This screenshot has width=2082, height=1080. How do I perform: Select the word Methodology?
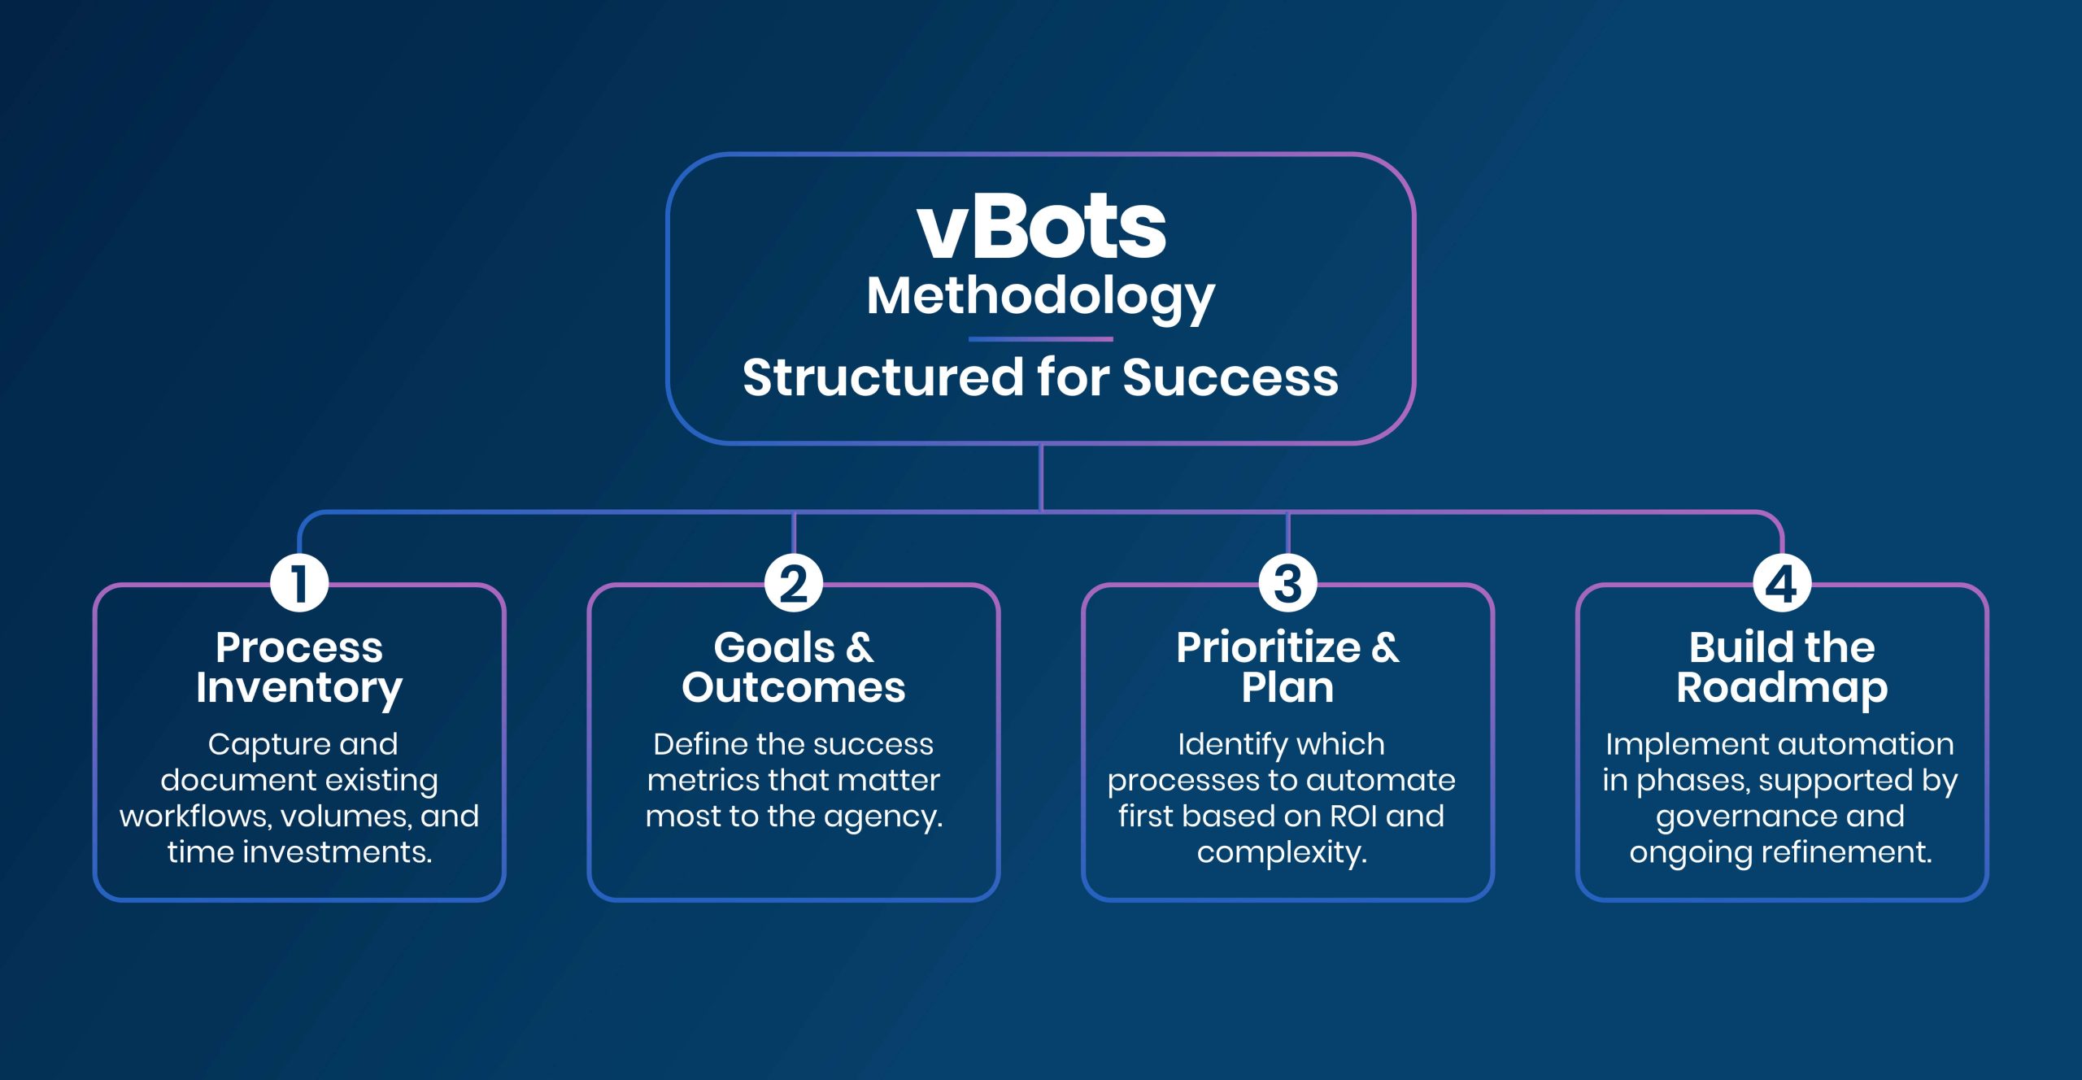point(1040,297)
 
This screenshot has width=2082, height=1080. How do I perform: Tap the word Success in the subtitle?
point(1230,378)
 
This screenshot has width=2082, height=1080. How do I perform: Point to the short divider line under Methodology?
point(1040,339)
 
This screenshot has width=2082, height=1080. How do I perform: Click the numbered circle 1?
point(299,583)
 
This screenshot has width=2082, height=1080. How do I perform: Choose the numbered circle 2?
point(794,583)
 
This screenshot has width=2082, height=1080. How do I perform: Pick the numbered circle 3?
point(1287,583)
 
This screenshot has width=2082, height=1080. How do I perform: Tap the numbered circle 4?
point(1782,583)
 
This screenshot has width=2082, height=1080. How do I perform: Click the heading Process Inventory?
point(299,668)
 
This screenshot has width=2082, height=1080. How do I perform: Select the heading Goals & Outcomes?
point(794,668)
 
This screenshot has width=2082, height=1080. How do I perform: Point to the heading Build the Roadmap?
point(1782,668)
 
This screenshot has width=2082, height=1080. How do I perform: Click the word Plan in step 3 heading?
point(1287,688)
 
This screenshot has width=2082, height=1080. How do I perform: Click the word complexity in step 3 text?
point(1281,852)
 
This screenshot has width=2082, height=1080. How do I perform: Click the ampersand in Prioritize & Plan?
point(1386,648)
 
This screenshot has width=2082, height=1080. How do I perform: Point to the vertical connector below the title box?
point(1041,477)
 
